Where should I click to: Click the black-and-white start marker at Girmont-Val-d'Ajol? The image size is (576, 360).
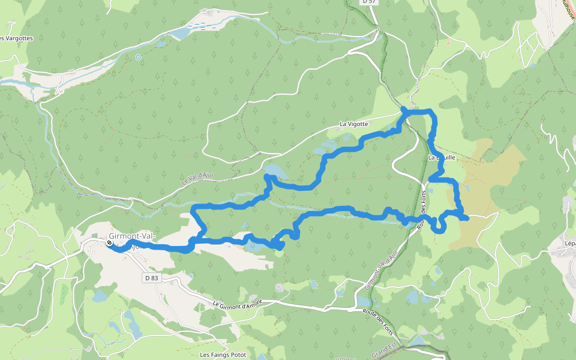[109, 244]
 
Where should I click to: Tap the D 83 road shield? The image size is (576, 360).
[151, 278]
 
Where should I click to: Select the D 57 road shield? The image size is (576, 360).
[369, 2]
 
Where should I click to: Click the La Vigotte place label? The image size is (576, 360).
[353, 124]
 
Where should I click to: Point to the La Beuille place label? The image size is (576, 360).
[442, 157]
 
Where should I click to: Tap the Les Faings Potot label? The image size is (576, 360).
[223, 355]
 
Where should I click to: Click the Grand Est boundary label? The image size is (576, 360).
[384, 350]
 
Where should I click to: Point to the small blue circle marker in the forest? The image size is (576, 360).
[139, 58]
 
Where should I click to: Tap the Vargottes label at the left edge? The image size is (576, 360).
[16, 38]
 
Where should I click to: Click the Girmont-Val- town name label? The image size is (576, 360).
[132, 236]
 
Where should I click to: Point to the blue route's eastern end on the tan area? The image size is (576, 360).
[466, 218]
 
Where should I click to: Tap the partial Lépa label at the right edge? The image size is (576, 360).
[569, 244]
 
